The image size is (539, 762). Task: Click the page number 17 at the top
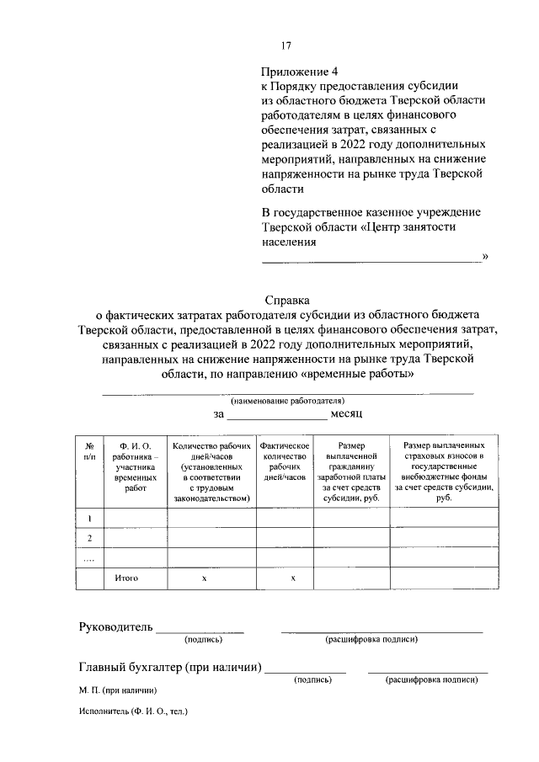tap(286, 45)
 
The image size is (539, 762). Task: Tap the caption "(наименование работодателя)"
tap(287, 401)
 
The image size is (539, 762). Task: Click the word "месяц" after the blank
tap(345, 415)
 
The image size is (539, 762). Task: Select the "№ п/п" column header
tap(89, 450)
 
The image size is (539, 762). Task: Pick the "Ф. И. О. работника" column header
tap(134, 466)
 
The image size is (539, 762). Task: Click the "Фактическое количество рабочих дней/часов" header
tap(286, 461)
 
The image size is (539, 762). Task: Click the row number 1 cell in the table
tap(89, 518)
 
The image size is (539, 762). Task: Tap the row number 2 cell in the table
tap(89, 538)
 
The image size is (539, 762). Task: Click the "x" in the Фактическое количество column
tap(292, 579)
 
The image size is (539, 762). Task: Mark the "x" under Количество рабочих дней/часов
tap(205, 579)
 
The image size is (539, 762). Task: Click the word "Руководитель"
tap(115, 626)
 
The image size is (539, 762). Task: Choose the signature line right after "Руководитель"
tap(200, 630)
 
